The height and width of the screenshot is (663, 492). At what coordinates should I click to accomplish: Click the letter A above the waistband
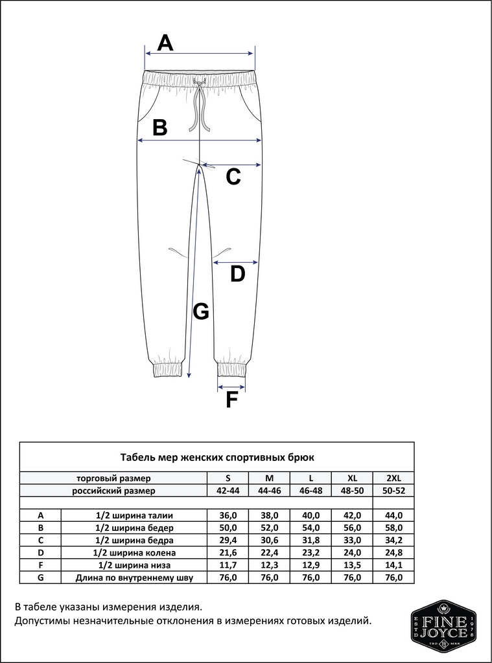coord(166,43)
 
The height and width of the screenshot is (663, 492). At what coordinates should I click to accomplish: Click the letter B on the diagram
coord(159,128)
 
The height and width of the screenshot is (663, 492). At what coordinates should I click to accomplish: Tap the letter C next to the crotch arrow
coord(233,176)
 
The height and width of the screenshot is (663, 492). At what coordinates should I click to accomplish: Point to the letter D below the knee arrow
coord(238,275)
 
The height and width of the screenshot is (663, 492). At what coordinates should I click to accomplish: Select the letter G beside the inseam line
coord(201,312)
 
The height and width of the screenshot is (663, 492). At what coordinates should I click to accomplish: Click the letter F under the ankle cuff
coord(231,401)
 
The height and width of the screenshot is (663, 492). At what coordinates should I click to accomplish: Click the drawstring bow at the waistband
coord(200,83)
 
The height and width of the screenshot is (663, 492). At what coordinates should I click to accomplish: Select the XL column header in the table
coord(352,478)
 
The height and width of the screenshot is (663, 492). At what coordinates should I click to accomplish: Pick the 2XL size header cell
coord(393,478)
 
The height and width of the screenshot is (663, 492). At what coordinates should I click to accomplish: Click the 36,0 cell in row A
coord(228,515)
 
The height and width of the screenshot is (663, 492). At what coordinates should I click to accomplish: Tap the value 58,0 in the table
coord(393,528)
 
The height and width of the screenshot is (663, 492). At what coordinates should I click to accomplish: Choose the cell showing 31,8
coord(310,540)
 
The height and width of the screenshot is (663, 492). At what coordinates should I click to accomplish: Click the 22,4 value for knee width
coord(269,552)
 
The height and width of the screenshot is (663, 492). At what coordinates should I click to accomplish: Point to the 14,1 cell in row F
coord(393,565)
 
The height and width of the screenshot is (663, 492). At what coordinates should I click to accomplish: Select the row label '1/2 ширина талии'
coord(134,515)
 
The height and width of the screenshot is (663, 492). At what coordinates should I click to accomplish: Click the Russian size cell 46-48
coord(310,491)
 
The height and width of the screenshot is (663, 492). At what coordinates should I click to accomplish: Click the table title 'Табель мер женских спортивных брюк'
coord(217,457)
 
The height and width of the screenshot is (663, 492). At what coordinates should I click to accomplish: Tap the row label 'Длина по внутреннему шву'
coord(134,578)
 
